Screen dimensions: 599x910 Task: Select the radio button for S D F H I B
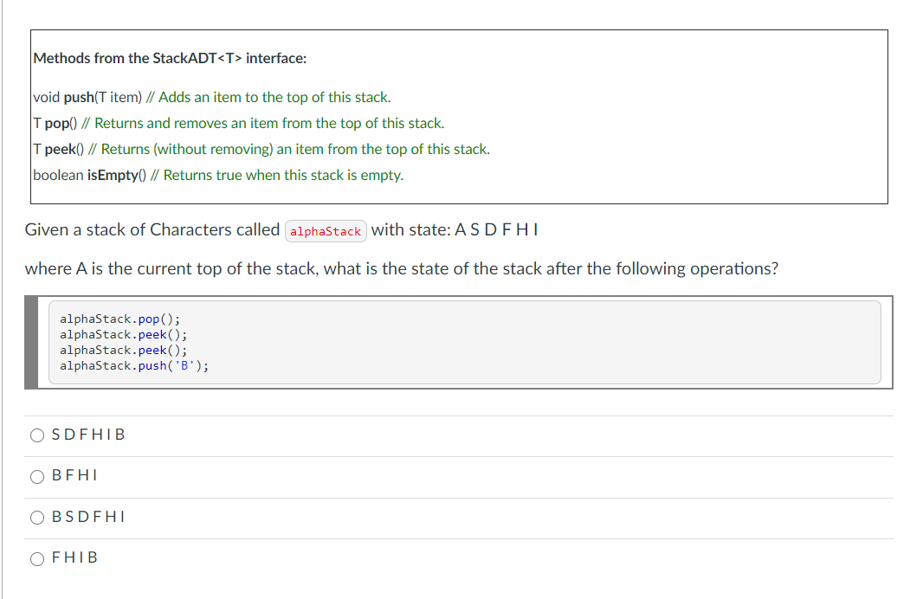click(37, 435)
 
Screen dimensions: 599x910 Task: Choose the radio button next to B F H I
click(37, 476)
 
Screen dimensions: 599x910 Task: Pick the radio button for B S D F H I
click(37, 518)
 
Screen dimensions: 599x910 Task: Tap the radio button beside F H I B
click(37, 558)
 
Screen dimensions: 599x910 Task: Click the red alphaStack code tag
click(326, 231)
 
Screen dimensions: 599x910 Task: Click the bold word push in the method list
click(80, 97)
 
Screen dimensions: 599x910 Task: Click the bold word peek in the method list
click(60, 149)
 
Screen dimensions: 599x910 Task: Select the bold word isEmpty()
click(115, 175)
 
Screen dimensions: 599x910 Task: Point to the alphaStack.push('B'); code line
click(134, 365)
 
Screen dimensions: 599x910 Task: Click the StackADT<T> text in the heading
click(197, 59)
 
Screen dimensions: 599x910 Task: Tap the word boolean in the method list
click(58, 175)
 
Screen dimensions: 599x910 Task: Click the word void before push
click(47, 97)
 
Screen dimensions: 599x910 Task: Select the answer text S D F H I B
click(88, 435)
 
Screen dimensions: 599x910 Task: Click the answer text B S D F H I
click(88, 517)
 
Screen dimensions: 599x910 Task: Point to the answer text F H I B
click(74, 558)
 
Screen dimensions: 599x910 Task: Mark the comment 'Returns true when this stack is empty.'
click(283, 175)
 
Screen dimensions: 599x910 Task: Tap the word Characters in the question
click(189, 229)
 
